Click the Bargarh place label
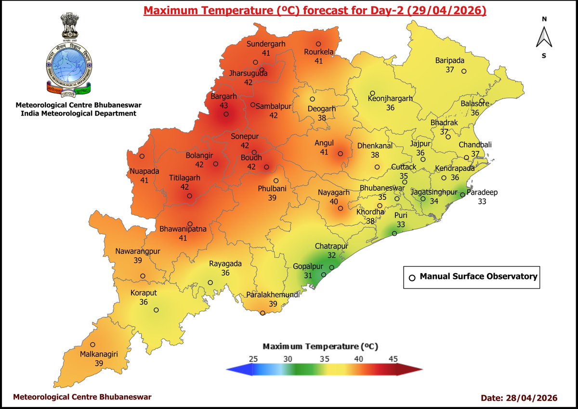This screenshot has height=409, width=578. point(224,97)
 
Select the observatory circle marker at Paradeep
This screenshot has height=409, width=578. point(462,195)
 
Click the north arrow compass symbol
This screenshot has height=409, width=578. point(544,38)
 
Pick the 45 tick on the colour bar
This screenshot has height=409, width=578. point(393,358)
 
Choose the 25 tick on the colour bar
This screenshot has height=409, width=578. point(254,358)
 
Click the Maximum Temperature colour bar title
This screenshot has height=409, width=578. point(320,346)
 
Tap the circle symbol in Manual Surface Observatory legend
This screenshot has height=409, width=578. point(412,277)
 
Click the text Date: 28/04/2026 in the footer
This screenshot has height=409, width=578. point(519,398)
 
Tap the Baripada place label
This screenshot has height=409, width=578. point(449,61)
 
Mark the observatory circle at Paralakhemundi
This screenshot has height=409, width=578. point(263,313)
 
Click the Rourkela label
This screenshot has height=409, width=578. point(318,52)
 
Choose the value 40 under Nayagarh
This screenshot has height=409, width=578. point(333,201)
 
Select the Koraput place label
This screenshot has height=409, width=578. point(144,293)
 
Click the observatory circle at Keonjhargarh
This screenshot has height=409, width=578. point(372,93)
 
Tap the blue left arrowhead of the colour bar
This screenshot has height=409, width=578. point(233,369)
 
